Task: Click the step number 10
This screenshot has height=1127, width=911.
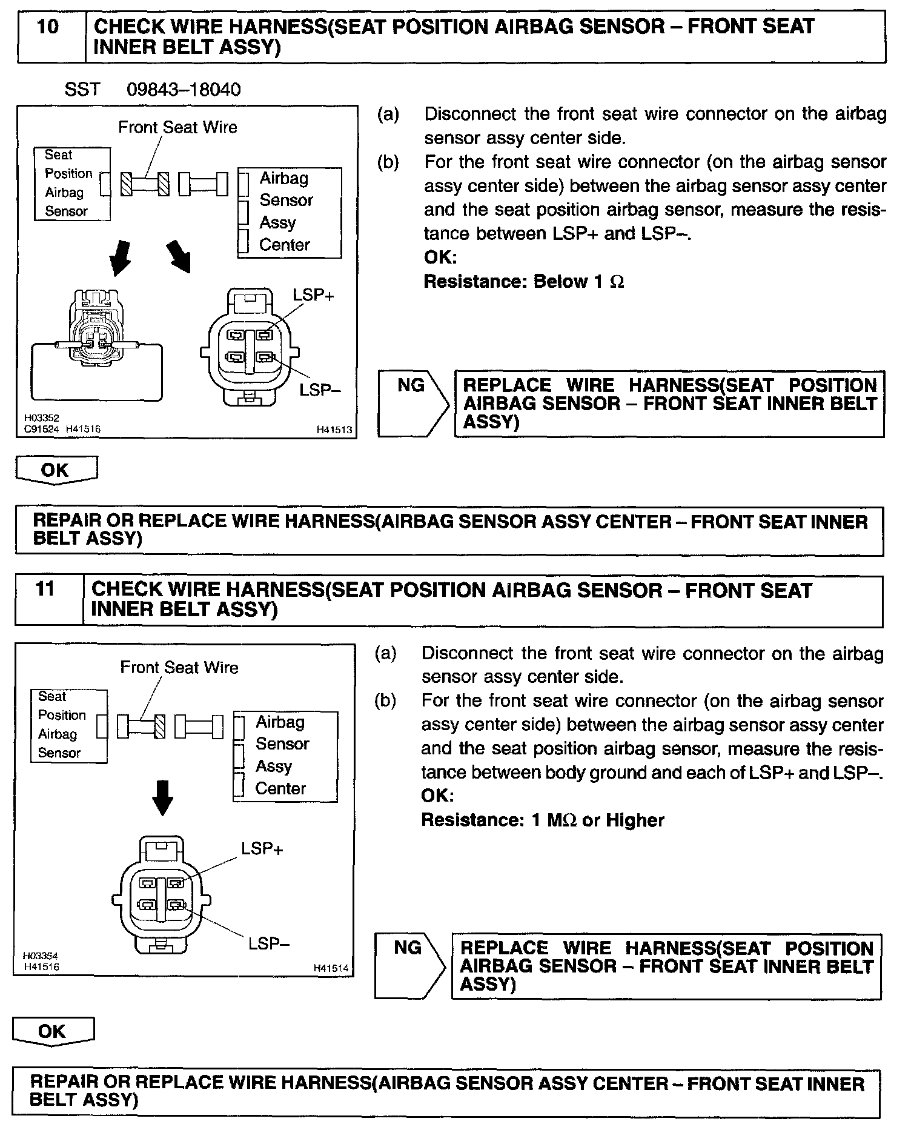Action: point(48,28)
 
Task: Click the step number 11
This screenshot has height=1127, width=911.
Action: point(45,590)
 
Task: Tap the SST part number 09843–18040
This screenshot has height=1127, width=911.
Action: point(183,90)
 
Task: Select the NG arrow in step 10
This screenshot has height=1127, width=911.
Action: point(414,404)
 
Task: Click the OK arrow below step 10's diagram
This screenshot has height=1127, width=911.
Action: point(56,470)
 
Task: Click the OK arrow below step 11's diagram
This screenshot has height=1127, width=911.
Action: point(53,1032)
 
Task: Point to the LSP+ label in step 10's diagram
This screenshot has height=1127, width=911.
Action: point(313,296)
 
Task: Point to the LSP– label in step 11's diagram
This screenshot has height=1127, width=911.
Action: point(270,943)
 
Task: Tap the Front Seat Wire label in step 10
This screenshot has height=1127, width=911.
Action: point(177,127)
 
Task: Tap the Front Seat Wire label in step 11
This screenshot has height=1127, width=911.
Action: point(179,668)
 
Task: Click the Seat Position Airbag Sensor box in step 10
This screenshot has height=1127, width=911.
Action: point(72,184)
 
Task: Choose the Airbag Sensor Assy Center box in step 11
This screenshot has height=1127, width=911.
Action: point(285,756)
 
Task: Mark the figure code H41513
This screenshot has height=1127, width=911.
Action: point(334,430)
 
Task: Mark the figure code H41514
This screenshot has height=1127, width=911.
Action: point(331,968)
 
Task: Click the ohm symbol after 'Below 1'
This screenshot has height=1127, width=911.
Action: point(617,282)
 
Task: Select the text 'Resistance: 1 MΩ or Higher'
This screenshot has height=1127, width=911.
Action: point(543,820)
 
